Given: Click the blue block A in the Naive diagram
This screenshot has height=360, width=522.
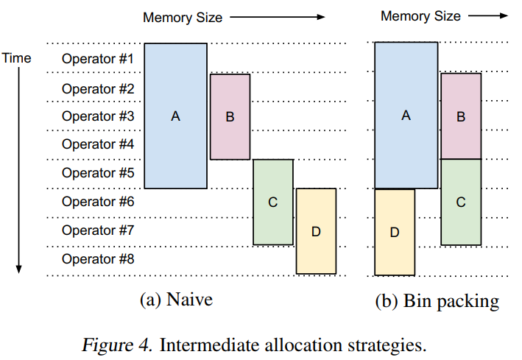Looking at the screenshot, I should [x=175, y=116].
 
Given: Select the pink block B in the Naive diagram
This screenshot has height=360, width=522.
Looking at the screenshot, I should [x=230, y=116].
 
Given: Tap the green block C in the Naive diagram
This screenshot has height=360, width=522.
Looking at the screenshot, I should [x=272, y=202].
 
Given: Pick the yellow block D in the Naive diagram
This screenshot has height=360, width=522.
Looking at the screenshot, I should [x=316, y=231].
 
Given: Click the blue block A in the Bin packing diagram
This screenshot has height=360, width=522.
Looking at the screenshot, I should [x=406, y=116].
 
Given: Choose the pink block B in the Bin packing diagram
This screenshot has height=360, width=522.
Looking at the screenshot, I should [x=461, y=116].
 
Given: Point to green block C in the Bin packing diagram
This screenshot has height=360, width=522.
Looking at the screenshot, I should [x=461, y=202].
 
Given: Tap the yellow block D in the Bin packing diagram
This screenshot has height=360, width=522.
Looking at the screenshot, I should [x=394, y=232].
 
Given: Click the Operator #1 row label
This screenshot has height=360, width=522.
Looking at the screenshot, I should [x=97, y=58].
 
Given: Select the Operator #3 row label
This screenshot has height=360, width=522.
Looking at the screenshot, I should [x=97, y=116].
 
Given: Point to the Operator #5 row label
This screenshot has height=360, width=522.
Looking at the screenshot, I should [x=97, y=173].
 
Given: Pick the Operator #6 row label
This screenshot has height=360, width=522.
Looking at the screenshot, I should [x=97, y=202].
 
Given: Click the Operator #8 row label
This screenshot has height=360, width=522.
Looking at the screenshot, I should [x=97, y=259].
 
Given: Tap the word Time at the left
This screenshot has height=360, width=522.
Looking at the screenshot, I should [x=17, y=57].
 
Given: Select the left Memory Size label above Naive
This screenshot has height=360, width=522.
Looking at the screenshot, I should [x=183, y=16].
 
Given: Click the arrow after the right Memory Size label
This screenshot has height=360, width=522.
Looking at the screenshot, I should [x=488, y=15].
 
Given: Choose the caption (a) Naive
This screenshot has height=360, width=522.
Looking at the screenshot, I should [x=176, y=300].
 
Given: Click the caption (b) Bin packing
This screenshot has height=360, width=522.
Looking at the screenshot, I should [x=437, y=300].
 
